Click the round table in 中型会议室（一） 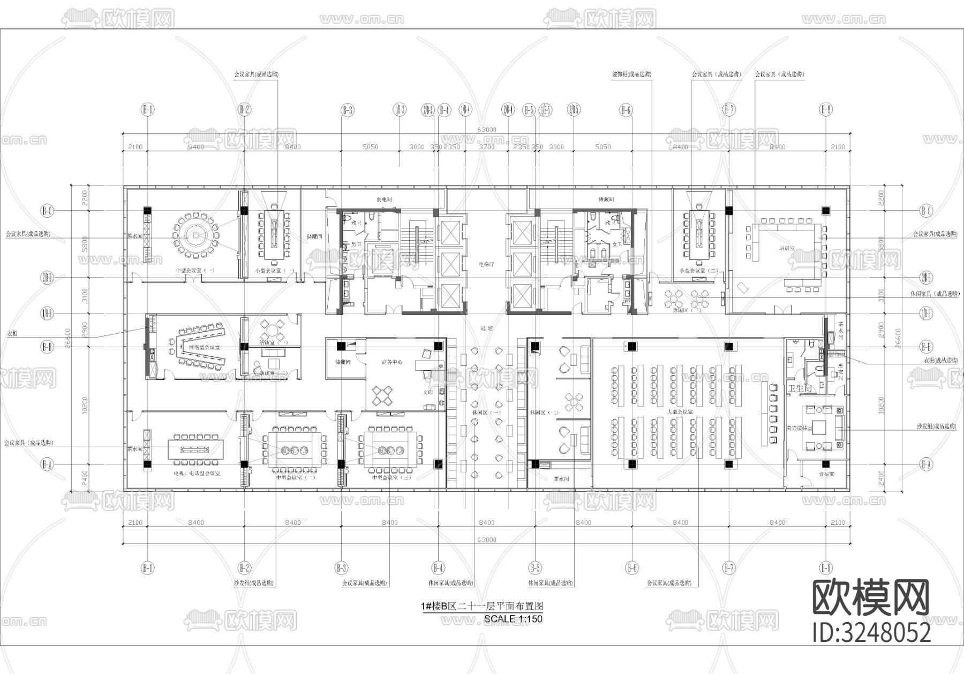click(197, 235)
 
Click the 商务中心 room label click(392, 362)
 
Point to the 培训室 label click(786, 248)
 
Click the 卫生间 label click(800, 389)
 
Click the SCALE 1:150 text click(513, 619)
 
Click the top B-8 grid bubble click(825, 110)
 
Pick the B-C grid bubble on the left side click(47, 211)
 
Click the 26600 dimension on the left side click(67, 338)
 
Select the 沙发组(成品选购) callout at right click(936, 427)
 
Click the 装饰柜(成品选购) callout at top click(631, 74)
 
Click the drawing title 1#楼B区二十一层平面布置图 click(482, 606)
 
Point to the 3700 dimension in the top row click(486, 147)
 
